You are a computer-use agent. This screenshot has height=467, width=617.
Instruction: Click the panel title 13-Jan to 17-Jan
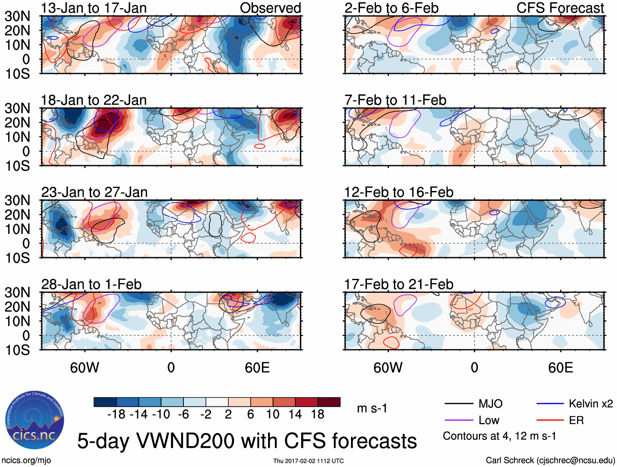[94, 8]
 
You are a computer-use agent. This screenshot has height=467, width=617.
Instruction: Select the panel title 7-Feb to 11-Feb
[395, 100]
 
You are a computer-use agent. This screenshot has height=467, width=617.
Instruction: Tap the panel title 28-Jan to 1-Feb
[91, 284]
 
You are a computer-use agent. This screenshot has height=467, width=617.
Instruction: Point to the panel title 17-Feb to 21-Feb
[398, 284]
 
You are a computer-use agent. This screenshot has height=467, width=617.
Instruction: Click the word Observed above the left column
[270, 8]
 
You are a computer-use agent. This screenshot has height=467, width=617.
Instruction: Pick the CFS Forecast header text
[560, 8]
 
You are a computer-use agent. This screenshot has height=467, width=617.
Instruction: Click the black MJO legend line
[458, 404]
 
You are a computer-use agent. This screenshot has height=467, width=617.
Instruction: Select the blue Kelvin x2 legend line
[550, 404]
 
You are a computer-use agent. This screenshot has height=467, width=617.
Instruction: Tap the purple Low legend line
[458, 420]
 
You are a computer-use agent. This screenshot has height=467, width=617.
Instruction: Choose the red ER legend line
[550, 420]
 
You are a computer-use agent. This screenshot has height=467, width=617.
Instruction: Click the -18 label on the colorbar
[116, 415]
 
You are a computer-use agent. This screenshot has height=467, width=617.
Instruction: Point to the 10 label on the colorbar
[273, 415]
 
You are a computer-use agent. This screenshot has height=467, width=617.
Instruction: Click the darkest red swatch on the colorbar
[329, 402]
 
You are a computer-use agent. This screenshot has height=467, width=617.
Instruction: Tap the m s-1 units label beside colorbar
[372, 409]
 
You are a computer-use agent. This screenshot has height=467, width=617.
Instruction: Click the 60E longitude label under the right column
[561, 368]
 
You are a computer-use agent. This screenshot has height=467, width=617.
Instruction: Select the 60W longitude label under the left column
[85, 368]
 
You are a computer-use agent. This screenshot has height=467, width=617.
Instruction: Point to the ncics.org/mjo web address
[26, 460]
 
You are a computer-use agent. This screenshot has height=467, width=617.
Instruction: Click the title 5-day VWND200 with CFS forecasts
[247, 441]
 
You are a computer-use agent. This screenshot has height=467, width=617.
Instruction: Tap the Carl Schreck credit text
[550, 460]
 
